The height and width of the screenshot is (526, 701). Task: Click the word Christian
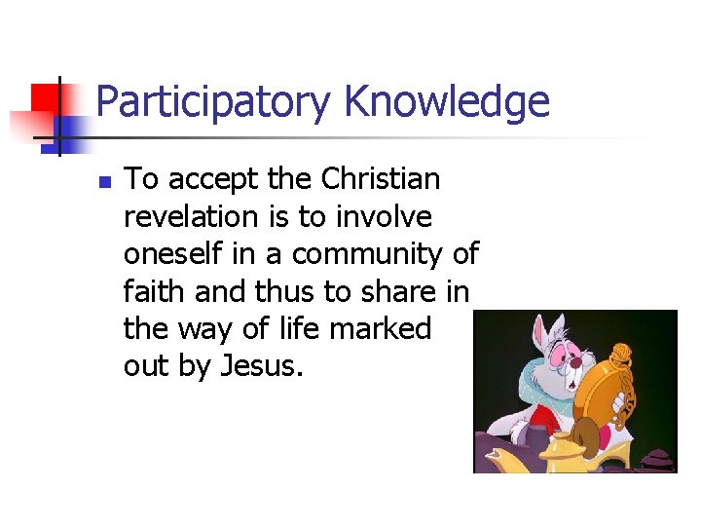tap(381, 179)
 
